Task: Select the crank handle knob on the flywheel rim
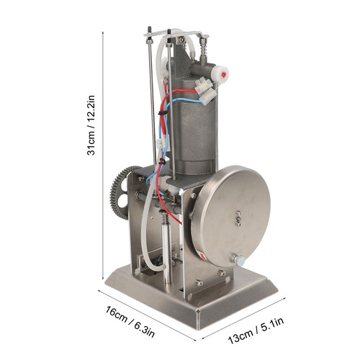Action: coord(238,260)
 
